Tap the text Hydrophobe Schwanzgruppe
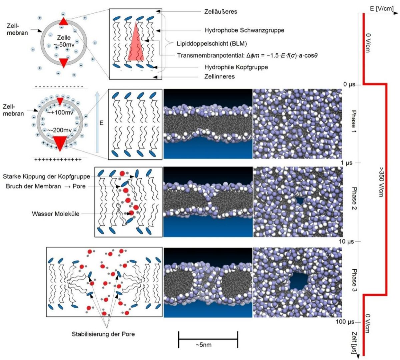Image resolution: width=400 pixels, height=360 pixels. (x=244, y=30)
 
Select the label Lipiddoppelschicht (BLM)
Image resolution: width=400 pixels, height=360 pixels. (x=212, y=43)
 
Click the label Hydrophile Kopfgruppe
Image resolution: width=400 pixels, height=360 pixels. (x=236, y=67)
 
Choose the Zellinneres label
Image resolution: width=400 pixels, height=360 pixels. (x=219, y=76)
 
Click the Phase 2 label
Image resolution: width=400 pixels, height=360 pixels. (x=354, y=202)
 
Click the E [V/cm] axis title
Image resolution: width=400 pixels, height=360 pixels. (x=381, y=8)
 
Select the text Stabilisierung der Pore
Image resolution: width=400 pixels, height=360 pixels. (x=103, y=334)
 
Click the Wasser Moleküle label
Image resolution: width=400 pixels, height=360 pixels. (x=56, y=214)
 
